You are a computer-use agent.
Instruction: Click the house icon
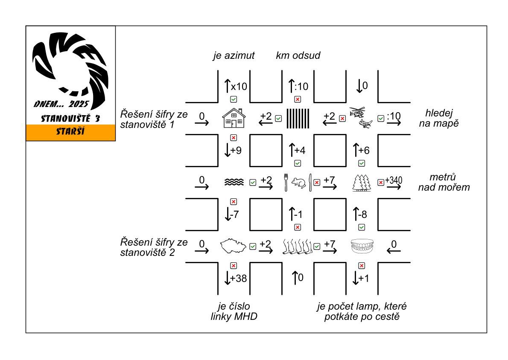(234, 118)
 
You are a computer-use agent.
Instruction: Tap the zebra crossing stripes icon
(298, 118)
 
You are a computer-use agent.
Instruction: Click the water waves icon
(234, 183)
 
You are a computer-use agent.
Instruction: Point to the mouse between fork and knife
(298, 183)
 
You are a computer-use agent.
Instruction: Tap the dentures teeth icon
(362, 247)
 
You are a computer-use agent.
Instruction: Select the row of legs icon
(298, 247)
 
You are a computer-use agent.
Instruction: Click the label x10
(239, 87)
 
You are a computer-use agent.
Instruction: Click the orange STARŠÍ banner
(71, 132)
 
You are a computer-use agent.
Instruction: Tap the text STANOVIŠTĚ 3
(71, 119)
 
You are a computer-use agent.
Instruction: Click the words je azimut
(234, 55)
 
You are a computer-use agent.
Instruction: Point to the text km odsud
(298, 55)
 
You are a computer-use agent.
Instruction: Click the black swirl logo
(70, 64)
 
